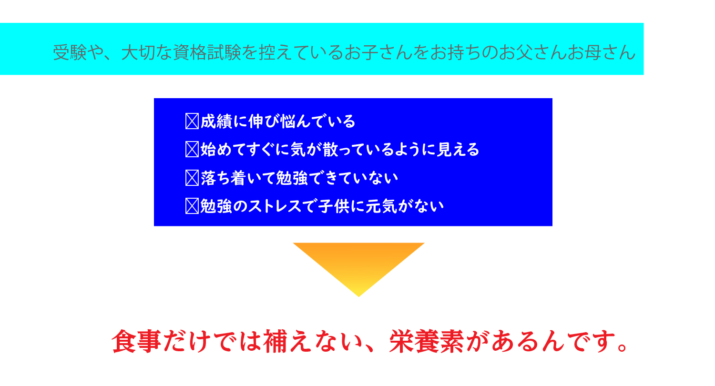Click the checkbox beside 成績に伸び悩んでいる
[x=192, y=121]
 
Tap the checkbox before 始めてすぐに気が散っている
[x=192, y=149]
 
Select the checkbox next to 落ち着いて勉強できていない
[x=192, y=178]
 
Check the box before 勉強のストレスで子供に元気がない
[x=192, y=206]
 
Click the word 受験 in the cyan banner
[x=70, y=52]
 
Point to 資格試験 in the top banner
[x=207, y=52]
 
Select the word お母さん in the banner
[x=602, y=52]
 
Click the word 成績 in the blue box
[x=216, y=122]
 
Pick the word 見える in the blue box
[x=458, y=149]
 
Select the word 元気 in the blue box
[x=381, y=206]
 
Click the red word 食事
[x=136, y=341]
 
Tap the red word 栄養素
[x=427, y=341]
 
